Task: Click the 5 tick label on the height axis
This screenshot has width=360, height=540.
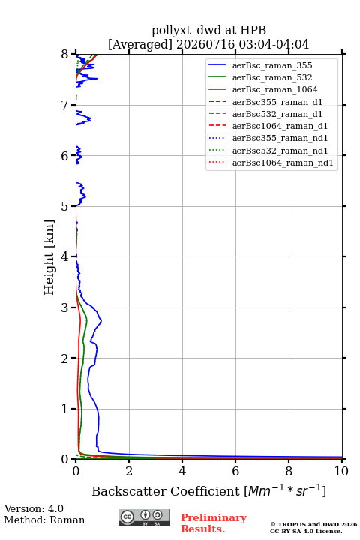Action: pos(64,206)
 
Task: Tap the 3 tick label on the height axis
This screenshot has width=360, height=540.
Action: pos(64,307)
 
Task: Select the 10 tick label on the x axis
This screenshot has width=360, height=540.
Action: pos(341,471)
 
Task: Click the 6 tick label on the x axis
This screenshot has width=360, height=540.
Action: pos(235,471)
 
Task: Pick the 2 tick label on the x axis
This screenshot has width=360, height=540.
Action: pos(129,471)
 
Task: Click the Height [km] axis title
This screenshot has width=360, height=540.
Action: pos(49,257)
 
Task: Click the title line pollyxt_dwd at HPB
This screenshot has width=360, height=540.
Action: pos(208,30)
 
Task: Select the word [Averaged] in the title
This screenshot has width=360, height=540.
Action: pos(139,44)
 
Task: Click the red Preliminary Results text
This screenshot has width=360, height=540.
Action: pos(214,523)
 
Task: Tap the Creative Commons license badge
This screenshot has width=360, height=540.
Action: pos(144,517)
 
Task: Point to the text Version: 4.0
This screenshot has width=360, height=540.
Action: pos(34,508)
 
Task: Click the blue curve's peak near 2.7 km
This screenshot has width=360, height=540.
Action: pos(101,320)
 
